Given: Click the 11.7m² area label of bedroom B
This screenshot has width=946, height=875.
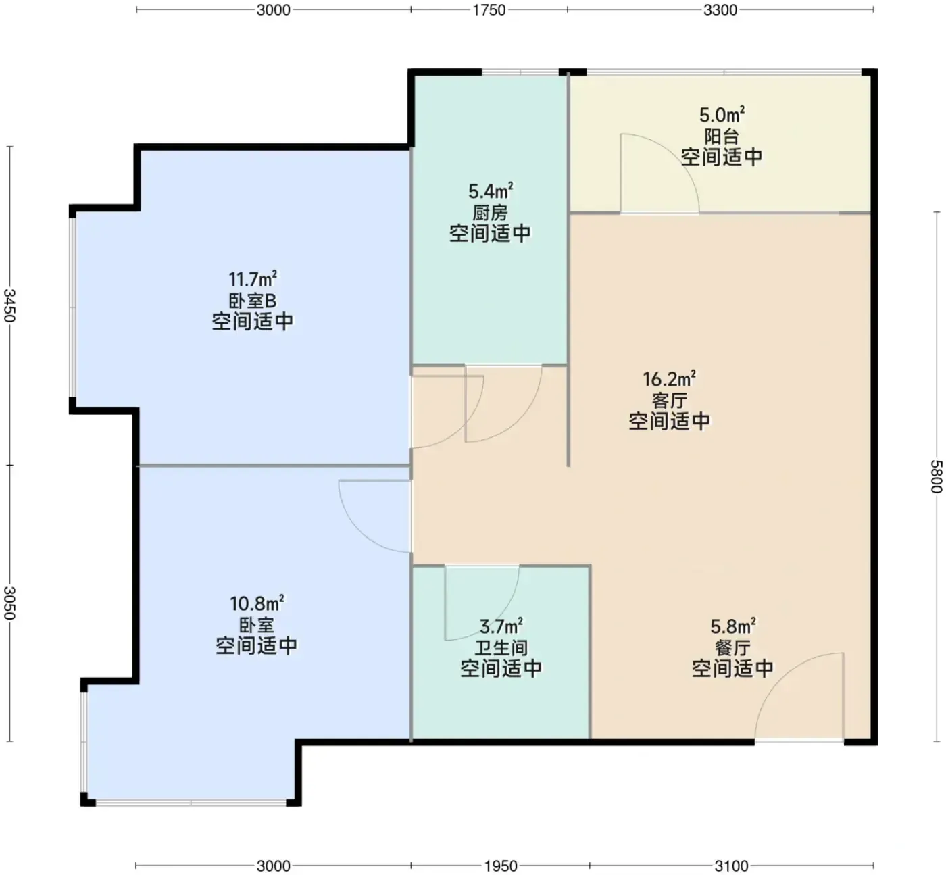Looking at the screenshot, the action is click(253, 279).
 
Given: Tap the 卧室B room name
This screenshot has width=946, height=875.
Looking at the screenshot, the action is click(253, 301).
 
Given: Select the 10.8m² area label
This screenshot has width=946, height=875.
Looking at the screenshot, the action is click(257, 603).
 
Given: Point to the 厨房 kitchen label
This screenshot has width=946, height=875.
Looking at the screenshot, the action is click(490, 212).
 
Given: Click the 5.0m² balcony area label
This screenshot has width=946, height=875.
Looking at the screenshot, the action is click(722, 115).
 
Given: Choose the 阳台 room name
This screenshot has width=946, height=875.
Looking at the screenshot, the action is click(722, 136).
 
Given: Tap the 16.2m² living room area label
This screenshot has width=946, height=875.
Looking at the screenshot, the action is click(669, 379).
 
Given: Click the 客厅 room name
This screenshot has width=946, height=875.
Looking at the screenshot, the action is click(669, 401).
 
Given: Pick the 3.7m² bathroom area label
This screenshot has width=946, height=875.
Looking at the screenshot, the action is click(501, 626).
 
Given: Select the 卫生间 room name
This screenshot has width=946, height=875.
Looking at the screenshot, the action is click(501, 648).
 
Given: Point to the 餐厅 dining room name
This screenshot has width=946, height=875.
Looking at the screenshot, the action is click(732, 648).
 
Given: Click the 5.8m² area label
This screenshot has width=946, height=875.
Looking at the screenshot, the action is click(733, 626).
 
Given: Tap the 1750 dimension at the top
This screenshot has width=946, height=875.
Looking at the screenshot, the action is click(489, 10).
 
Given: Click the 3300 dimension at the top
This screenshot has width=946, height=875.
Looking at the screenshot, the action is click(720, 10).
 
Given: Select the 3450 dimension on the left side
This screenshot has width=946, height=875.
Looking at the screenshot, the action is click(10, 305).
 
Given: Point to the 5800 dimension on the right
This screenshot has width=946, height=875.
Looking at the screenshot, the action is click(936, 477).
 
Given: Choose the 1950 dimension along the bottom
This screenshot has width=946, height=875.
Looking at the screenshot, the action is click(501, 866).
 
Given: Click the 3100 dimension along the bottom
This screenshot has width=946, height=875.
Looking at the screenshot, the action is click(731, 866).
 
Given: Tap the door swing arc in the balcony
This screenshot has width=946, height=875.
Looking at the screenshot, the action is click(676, 157).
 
